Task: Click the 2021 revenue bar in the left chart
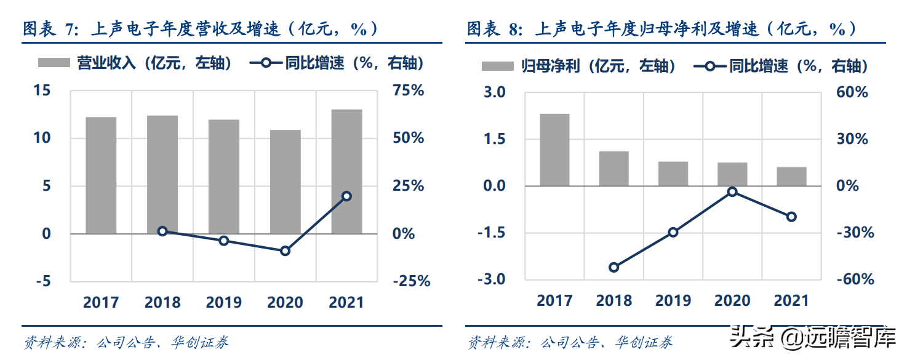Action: coord(346,172)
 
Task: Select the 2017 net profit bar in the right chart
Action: coord(554,150)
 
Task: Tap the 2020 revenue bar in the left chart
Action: coord(286,182)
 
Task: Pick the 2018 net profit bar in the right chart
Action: coord(613,169)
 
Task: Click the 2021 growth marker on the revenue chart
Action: coord(346,196)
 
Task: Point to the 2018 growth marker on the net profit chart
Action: coord(613,267)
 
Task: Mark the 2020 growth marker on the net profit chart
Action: coord(732,192)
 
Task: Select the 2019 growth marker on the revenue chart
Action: coord(224,241)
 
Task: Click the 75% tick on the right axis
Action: coord(409,90)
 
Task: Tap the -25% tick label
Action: coord(411,281)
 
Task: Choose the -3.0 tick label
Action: coord(491,279)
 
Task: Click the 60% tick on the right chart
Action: coord(852,92)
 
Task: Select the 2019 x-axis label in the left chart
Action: coord(224,302)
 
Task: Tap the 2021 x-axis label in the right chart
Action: coord(791,300)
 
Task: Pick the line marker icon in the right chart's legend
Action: coord(709,66)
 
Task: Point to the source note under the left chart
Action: coord(126,343)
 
